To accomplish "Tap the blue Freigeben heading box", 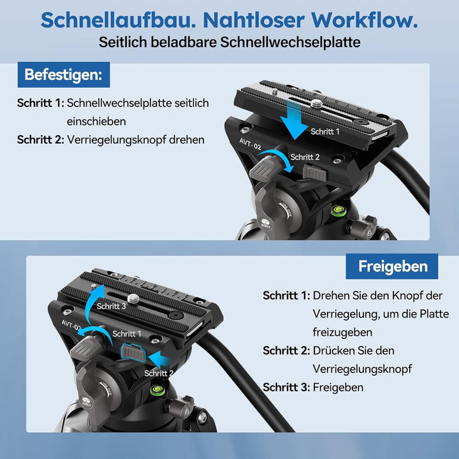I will tap(391, 266).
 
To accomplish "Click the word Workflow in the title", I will tap(361, 20).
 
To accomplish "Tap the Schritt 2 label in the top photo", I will tap(305, 157).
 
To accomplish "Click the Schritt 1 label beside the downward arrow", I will tap(325, 131).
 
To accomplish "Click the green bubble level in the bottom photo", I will tap(156, 390).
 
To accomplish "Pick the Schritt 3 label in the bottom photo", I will tap(112, 307).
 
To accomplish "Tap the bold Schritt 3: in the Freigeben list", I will tap(286, 387).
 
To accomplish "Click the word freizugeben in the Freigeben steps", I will tap(343, 332).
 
